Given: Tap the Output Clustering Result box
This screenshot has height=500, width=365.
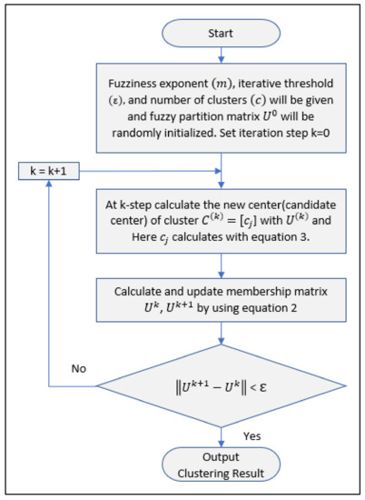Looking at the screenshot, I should [222, 464].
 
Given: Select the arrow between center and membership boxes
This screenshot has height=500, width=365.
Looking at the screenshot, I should [222, 266].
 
